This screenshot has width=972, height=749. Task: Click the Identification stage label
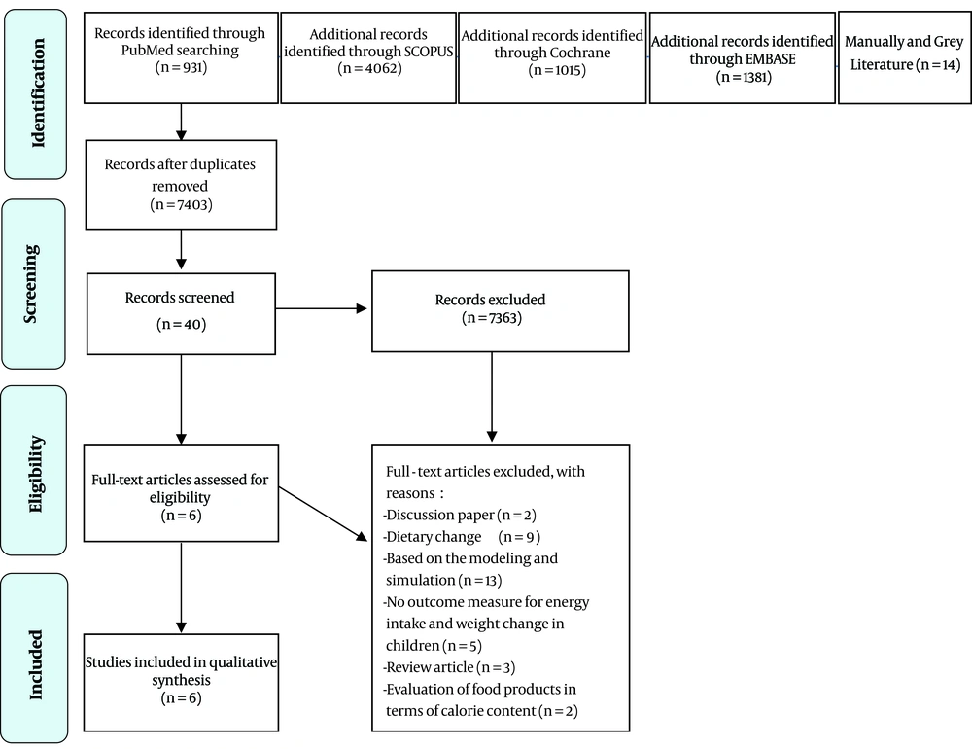[38, 93]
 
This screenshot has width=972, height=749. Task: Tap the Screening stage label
[31, 284]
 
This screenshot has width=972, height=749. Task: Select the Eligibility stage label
[35, 474]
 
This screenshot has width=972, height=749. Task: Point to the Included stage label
[35, 664]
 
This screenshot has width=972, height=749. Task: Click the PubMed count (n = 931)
[181, 67]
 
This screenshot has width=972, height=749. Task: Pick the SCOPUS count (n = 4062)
[369, 68]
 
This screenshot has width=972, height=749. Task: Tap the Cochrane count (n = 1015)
[557, 70]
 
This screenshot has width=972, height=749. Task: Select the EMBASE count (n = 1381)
[744, 77]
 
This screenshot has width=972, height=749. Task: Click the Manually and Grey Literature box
[904, 57]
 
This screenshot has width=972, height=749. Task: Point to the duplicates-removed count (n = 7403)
[181, 205]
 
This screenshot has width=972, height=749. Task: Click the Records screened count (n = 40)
[181, 324]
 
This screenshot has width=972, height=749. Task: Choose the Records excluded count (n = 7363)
[492, 318]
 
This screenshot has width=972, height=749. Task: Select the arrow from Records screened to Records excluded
[321, 308]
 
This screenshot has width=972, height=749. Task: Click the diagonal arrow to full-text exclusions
[323, 514]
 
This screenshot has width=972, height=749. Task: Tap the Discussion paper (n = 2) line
[460, 515]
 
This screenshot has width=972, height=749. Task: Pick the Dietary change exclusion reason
[461, 537]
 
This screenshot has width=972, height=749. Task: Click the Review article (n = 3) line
[449, 667]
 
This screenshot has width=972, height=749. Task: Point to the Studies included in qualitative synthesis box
[181, 683]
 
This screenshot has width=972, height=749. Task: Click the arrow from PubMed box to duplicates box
[181, 122]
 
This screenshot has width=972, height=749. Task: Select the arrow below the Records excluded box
[492, 397]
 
